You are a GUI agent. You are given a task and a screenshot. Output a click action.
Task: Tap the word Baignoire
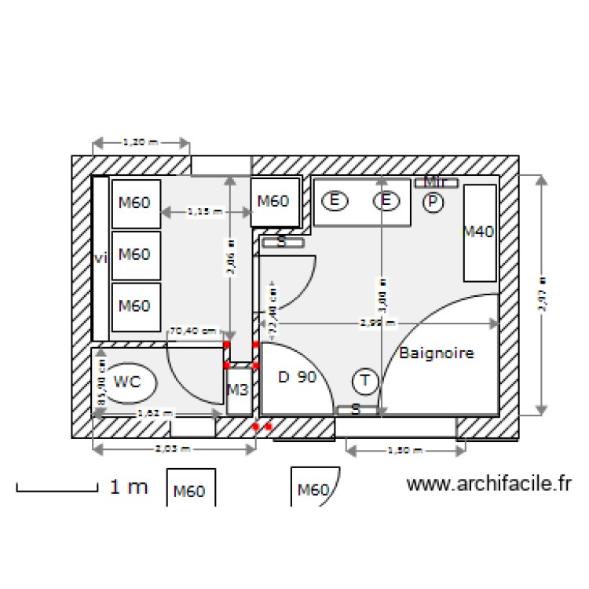(437, 353)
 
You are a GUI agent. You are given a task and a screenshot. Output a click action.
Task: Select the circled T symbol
(364, 382)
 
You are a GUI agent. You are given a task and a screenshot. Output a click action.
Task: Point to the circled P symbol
(433, 203)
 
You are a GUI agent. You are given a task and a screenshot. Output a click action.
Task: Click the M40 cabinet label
(478, 232)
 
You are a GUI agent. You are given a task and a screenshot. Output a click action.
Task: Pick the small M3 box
(238, 390)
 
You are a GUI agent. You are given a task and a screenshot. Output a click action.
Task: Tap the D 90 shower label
(298, 378)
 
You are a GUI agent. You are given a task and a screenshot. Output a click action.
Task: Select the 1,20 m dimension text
(141, 143)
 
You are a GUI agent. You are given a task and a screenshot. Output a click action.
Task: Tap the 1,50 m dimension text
(406, 451)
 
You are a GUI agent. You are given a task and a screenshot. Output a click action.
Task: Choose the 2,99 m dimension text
(378, 322)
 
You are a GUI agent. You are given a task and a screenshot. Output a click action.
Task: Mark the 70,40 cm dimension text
(193, 331)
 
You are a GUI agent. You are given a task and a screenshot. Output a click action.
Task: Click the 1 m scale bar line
(55, 491)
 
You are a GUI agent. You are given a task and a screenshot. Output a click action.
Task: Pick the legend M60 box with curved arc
(315, 489)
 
